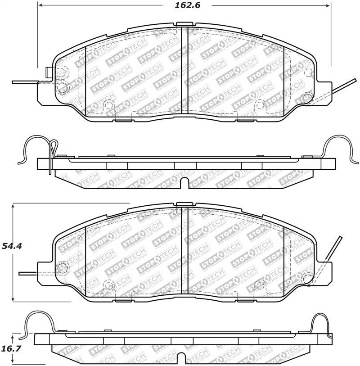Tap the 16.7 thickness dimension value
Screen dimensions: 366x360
pos(12,348)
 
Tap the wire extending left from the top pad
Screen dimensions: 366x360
pos(25,82)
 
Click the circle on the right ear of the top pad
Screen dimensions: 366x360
pos(307,96)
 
